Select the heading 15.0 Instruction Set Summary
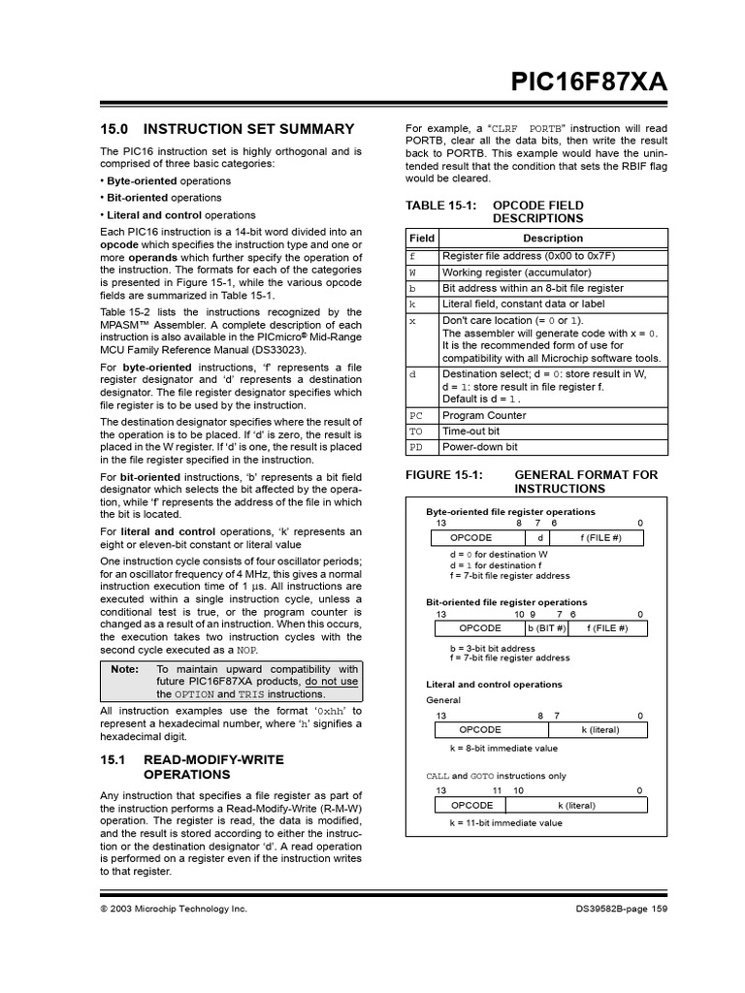tap(228, 129)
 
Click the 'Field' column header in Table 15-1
tap(422, 239)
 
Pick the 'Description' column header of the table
tap(553, 239)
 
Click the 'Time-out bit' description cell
tap(471, 432)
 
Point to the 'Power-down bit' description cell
tap(479, 447)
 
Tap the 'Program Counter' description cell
tap(484, 415)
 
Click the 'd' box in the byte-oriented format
tap(539, 537)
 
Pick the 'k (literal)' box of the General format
tap(599, 729)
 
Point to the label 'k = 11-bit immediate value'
tap(505, 823)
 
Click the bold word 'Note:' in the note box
tap(125, 669)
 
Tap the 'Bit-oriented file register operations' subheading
tap(506, 602)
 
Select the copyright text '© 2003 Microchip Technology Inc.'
tap(174, 909)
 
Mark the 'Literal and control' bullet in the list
tap(180, 215)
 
